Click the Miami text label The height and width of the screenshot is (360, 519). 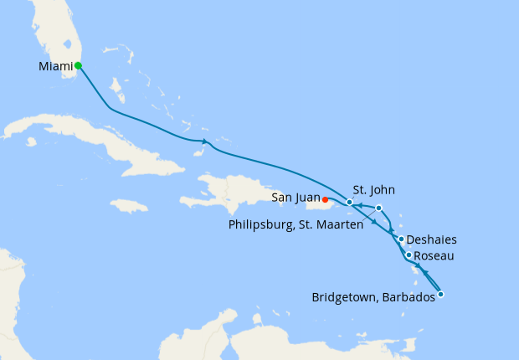tap(55, 65)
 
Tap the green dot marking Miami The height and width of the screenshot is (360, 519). tap(78, 65)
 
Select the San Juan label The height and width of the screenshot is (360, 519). tap(295, 198)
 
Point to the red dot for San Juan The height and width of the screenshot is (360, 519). tap(325, 199)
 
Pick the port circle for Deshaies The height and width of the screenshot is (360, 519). tap(402, 239)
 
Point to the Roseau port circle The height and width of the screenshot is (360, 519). tap(409, 255)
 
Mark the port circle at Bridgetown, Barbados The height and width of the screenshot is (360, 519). tap(441, 294)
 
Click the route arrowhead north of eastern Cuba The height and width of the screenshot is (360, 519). tap(203, 141)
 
